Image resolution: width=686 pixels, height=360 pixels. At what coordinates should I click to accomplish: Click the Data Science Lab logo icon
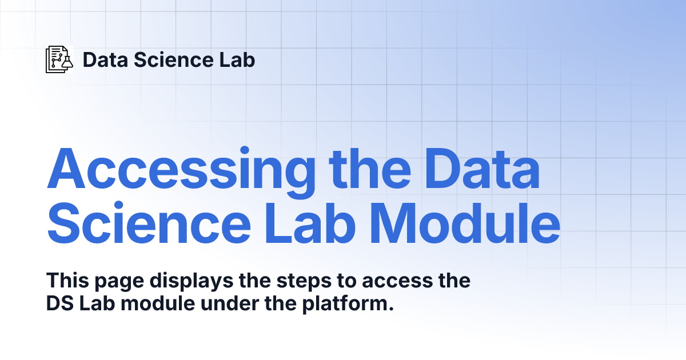(x=59, y=59)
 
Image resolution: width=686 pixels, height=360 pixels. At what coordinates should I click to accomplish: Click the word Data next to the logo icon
(x=105, y=59)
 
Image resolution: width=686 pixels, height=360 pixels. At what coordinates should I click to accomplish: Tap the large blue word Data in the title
(x=482, y=169)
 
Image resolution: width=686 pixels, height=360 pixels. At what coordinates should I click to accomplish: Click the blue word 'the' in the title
(x=370, y=168)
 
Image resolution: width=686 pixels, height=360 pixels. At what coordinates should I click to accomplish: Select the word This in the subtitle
(x=67, y=280)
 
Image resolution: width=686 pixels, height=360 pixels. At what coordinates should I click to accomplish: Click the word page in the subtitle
(x=119, y=282)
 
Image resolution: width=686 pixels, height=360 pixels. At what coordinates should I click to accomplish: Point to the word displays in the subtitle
(x=192, y=281)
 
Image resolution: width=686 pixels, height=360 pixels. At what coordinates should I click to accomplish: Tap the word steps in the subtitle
(x=304, y=282)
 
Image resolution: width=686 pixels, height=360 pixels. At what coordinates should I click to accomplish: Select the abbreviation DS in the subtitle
(x=60, y=303)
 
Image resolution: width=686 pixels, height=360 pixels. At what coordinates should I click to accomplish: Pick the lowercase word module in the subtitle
(x=158, y=303)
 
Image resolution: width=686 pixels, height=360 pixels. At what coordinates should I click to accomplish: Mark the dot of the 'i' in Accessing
(x=245, y=150)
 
